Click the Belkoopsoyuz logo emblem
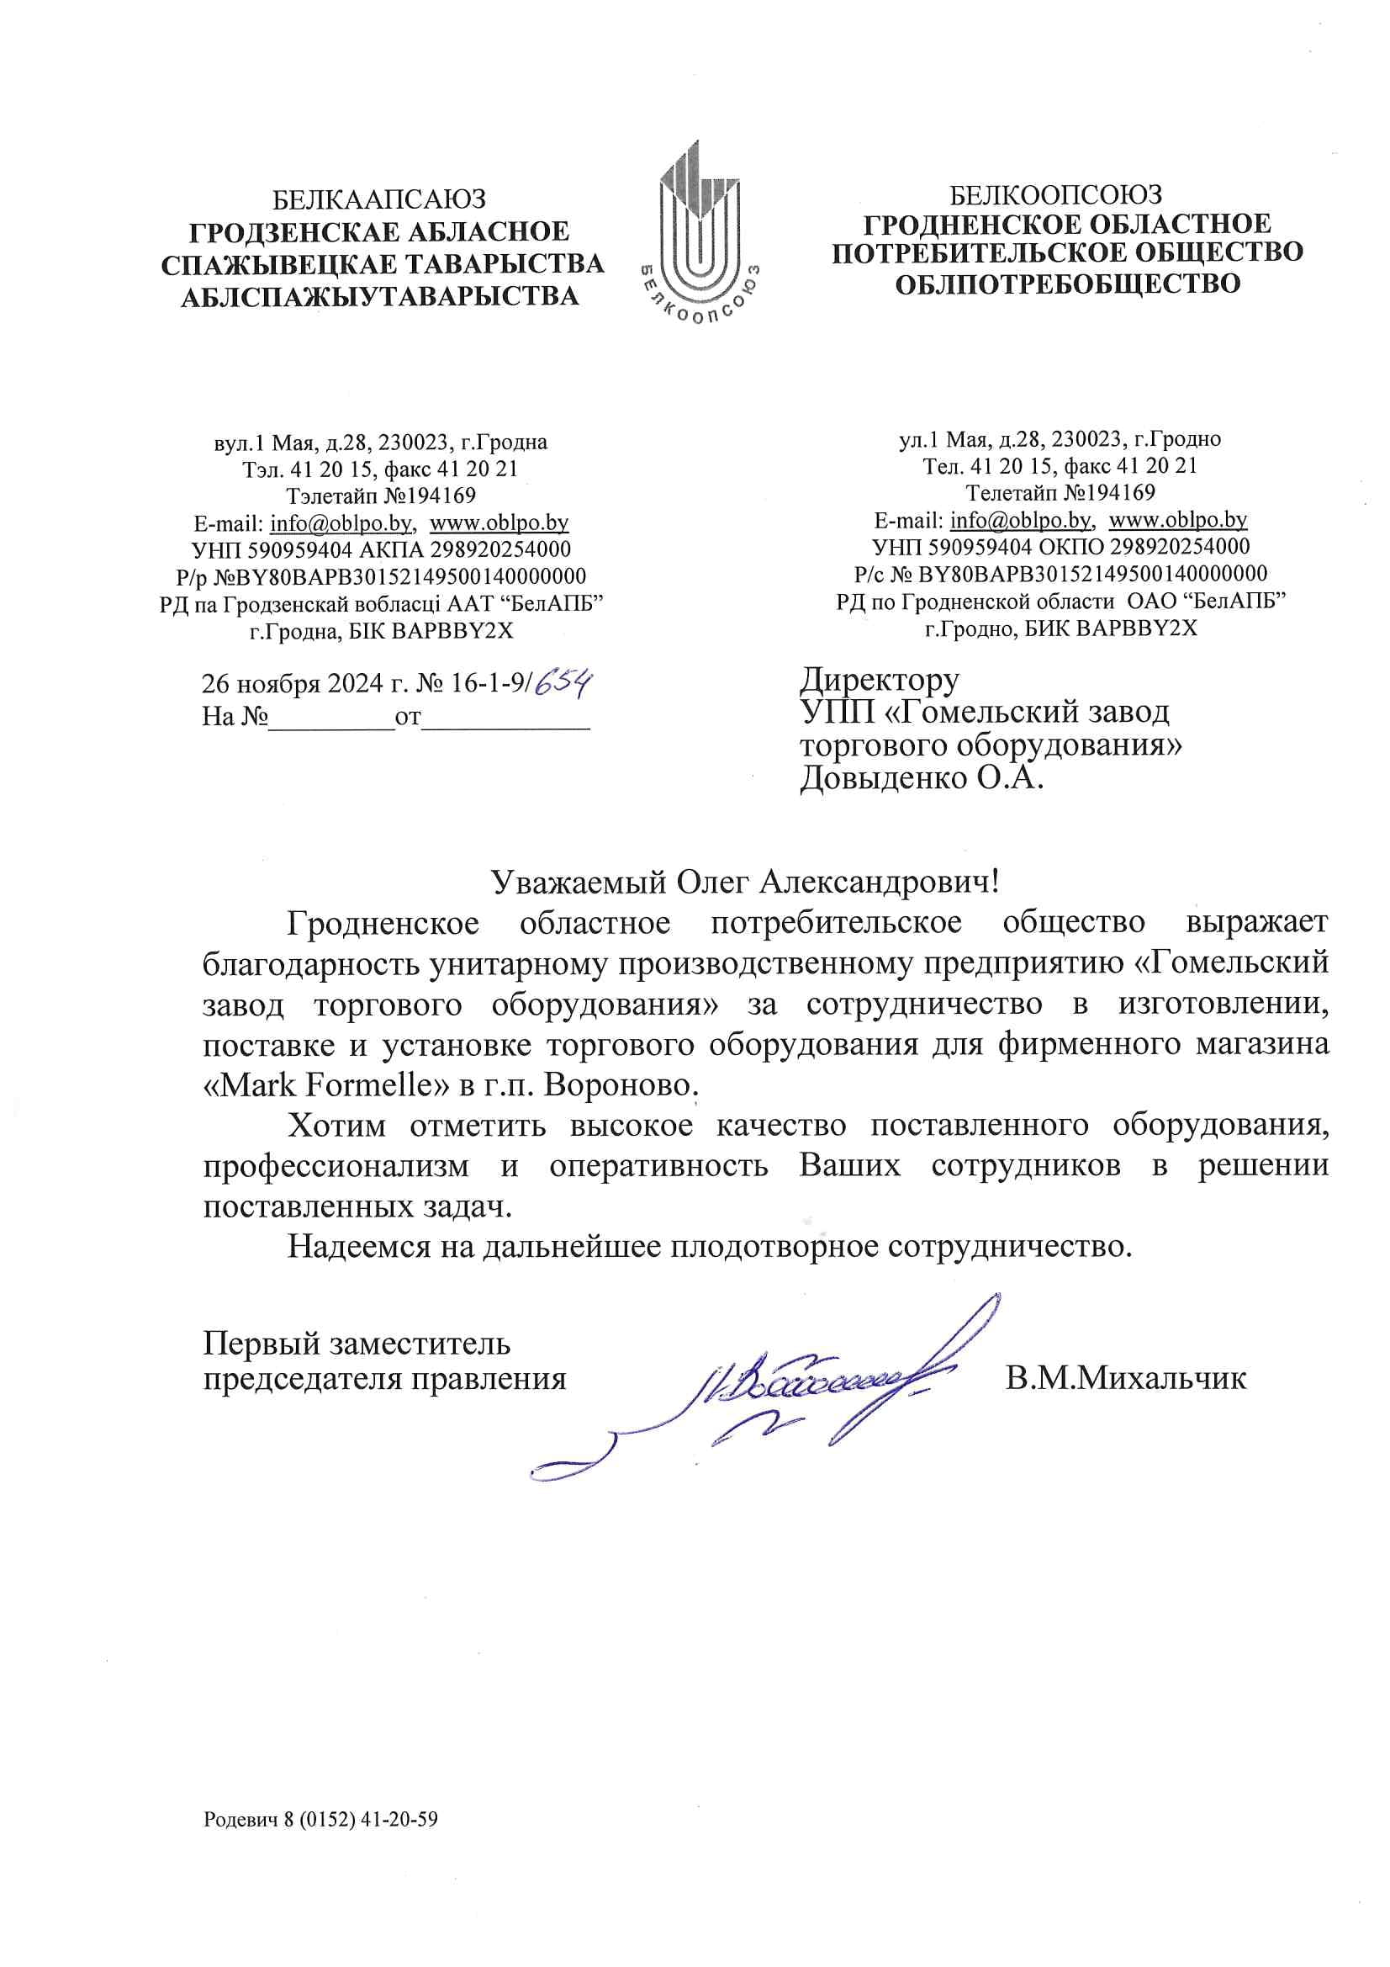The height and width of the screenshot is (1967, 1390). tap(699, 231)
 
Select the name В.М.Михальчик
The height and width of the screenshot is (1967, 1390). tap(1125, 1378)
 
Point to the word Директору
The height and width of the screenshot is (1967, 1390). tap(880, 680)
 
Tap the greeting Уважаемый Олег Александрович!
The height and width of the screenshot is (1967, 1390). tap(745, 882)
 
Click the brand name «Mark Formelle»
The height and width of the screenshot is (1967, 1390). tap(326, 1085)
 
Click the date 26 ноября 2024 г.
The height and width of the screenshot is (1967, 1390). tap(305, 684)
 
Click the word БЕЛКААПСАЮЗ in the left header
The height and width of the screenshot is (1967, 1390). tap(379, 199)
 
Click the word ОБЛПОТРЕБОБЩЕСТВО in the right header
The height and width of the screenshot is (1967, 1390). tap(1067, 284)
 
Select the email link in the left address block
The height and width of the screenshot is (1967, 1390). tap(341, 522)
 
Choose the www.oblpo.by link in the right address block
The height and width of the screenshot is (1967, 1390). tap(1177, 519)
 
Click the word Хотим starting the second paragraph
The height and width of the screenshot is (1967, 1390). tap(336, 1126)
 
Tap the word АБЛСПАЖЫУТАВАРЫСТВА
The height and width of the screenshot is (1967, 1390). tap(379, 296)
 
